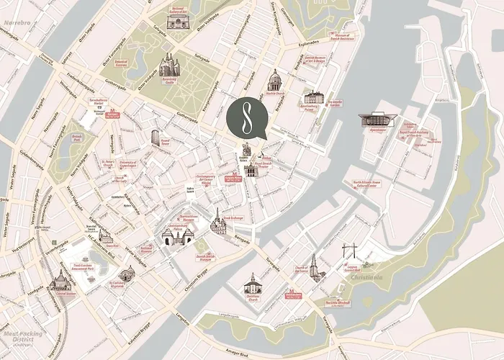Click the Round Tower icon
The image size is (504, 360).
[x=156, y=137]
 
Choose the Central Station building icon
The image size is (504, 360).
[x=60, y=281]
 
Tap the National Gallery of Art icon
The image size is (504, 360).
[x=177, y=22]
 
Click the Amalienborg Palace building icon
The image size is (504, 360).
[x=313, y=97]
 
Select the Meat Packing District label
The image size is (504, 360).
[x=22, y=335]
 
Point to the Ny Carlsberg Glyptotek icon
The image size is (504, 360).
[x=127, y=274]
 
